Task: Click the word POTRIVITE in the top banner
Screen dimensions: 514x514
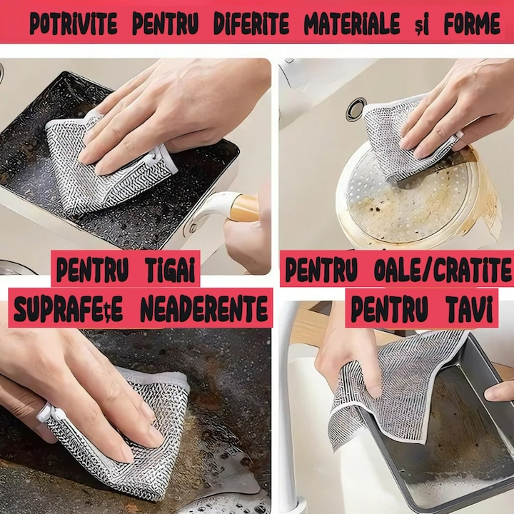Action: coord(74,24)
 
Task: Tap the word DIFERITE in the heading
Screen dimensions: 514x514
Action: coord(251,24)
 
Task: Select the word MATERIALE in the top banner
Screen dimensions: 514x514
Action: coord(352,24)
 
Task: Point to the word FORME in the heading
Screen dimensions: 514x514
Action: coord(472,24)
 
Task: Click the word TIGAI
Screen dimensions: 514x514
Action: coord(168,269)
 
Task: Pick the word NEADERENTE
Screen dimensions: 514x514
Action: coord(204,308)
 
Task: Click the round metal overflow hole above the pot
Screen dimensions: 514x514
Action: coord(356,109)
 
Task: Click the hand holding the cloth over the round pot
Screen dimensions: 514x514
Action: coord(455,109)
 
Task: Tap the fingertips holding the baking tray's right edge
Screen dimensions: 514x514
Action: coord(499,391)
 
